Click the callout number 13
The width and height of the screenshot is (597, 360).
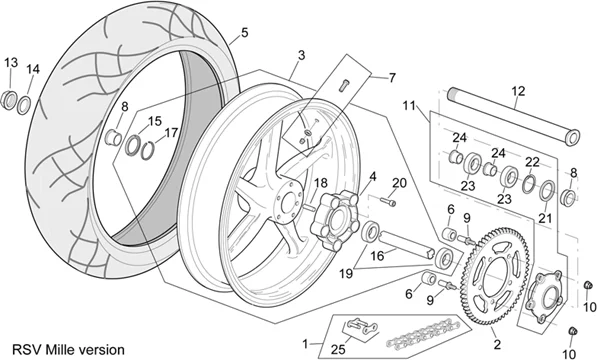(12, 62)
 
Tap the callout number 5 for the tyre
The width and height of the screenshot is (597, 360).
(243, 33)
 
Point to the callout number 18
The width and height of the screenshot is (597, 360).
(321, 183)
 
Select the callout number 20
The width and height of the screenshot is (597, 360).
(400, 182)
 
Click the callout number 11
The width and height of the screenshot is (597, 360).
(408, 105)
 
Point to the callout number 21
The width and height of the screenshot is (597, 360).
(545, 217)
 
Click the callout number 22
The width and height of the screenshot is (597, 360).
(532, 162)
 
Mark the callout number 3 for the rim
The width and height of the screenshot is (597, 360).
(301, 53)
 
